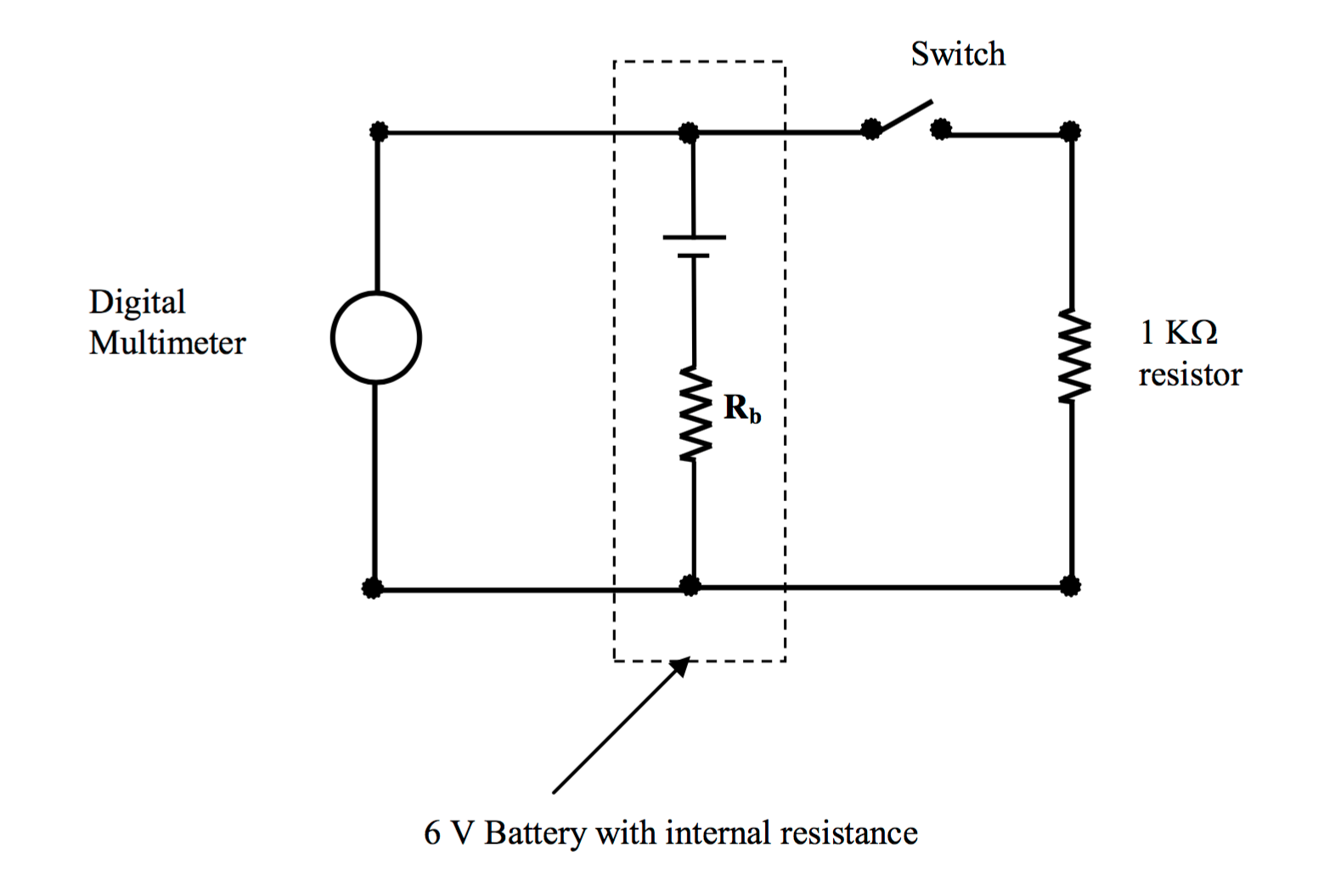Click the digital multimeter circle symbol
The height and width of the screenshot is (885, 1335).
pyautogui.click(x=375, y=337)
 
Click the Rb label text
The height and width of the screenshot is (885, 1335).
pyautogui.click(x=741, y=409)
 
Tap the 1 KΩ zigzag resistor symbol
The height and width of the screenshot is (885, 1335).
pyautogui.click(x=1073, y=356)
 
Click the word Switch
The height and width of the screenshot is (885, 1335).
pyautogui.click(x=957, y=54)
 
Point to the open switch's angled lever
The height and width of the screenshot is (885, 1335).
pyautogui.click(x=905, y=116)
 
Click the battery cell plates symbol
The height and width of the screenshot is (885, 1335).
pyautogui.click(x=694, y=245)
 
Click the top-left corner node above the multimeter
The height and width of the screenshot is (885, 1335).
pyautogui.click(x=379, y=132)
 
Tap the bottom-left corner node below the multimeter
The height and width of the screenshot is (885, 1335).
pyautogui.click(x=372, y=588)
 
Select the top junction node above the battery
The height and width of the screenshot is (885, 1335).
pyautogui.click(x=689, y=132)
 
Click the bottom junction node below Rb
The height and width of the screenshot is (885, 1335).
pyautogui.click(x=690, y=586)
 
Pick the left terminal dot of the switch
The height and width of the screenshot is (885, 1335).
pyautogui.click(x=870, y=129)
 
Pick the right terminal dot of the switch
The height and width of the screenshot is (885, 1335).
pyautogui.click(x=940, y=129)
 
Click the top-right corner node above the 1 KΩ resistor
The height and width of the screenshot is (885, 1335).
pyautogui.click(x=1070, y=132)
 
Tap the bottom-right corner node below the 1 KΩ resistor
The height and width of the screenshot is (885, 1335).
pyautogui.click(x=1070, y=586)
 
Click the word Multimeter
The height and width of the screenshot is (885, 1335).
pyautogui.click(x=167, y=343)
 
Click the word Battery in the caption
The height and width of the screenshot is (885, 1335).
pyautogui.click(x=534, y=833)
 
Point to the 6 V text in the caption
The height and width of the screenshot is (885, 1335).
pyautogui.click(x=448, y=833)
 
